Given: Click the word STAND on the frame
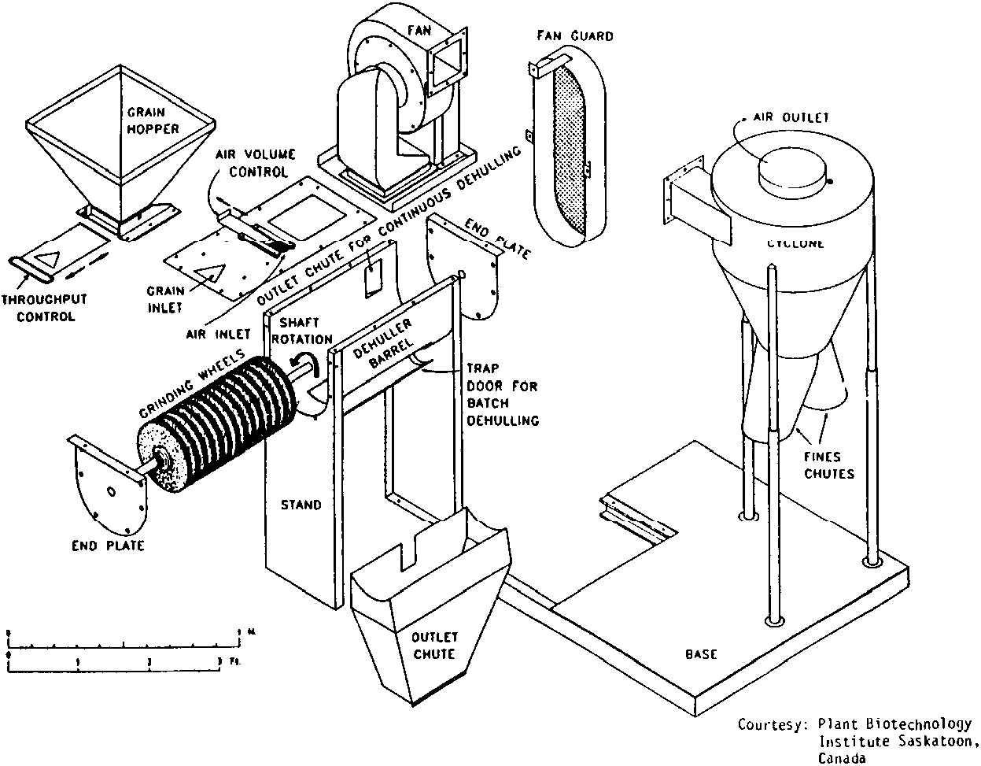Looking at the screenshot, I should [301, 504].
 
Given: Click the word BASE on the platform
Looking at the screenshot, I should [701, 653].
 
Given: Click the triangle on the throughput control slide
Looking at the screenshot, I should [47, 257].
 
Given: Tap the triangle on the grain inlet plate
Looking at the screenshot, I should [209, 273].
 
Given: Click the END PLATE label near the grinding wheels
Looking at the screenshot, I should [106, 545].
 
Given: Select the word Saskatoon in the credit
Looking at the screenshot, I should [933, 741].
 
